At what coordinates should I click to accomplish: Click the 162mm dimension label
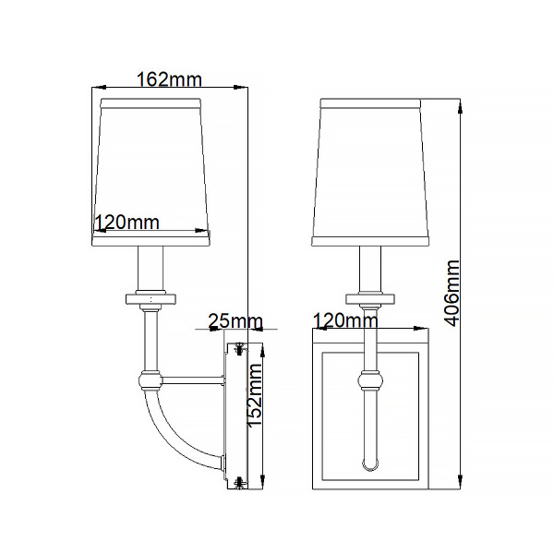tap(169, 79)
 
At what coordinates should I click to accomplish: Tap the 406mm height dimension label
tap(452, 293)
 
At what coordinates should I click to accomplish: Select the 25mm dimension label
tap(235, 321)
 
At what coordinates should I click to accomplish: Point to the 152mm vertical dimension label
tap(255, 396)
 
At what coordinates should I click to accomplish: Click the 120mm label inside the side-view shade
tap(127, 223)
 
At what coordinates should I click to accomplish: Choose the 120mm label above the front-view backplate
tap(345, 320)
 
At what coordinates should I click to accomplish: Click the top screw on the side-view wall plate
tap(240, 348)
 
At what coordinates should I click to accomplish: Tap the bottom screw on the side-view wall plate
tap(240, 482)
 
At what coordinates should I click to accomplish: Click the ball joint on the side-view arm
tap(151, 379)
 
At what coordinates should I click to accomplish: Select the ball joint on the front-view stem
tap(370, 379)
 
